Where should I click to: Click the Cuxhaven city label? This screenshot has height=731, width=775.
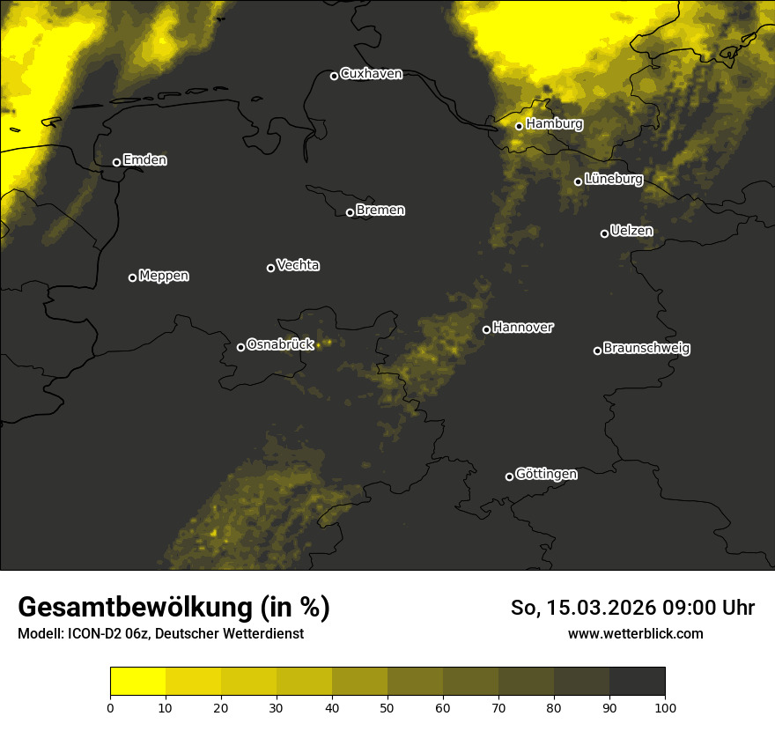click(371, 74)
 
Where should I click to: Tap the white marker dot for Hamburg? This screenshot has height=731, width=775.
click(520, 126)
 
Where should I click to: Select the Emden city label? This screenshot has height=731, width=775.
click(144, 160)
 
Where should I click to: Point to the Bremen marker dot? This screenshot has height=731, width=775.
click(350, 212)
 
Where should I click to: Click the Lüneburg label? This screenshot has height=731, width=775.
click(613, 180)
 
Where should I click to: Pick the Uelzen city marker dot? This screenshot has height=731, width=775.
click(604, 233)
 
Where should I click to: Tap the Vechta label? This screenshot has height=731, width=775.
click(298, 265)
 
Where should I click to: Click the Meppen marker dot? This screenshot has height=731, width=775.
click(132, 277)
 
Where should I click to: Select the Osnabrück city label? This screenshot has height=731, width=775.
click(280, 345)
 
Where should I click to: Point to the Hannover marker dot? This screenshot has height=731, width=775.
click(486, 329)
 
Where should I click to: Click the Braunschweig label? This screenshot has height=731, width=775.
click(646, 349)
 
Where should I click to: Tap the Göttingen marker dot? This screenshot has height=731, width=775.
click(509, 476)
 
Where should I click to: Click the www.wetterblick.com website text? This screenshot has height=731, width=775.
click(635, 633)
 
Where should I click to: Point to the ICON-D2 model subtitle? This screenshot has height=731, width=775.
click(160, 633)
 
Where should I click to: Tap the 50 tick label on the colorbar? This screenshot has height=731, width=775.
click(387, 707)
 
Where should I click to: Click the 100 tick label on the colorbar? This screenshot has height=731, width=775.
click(665, 707)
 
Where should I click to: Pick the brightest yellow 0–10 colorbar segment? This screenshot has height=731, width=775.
click(138, 682)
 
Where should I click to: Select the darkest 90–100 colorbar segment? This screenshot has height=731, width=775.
click(637, 682)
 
